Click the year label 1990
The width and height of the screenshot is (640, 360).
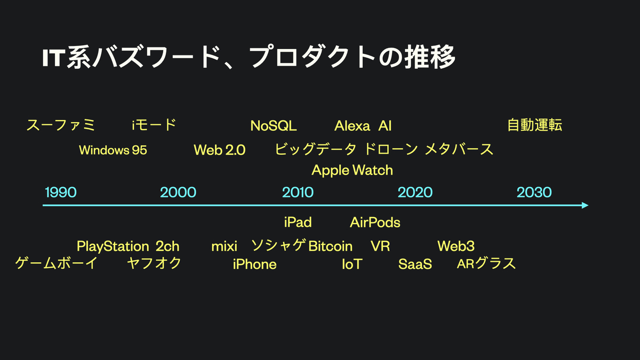click(x=61, y=193)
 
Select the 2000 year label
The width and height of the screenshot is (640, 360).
click(x=178, y=193)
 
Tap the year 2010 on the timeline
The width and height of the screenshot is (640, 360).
click(x=298, y=193)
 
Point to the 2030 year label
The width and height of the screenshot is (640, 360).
click(x=534, y=193)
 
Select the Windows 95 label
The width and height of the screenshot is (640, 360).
click(x=113, y=150)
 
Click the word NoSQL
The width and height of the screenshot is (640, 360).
click(x=274, y=126)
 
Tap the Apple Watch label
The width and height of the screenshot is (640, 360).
click(x=352, y=171)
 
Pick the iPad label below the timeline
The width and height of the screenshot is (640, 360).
click(x=298, y=222)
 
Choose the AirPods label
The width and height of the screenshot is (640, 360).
click(x=375, y=222)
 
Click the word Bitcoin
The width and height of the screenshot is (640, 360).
click(x=330, y=246)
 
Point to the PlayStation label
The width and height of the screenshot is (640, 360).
click(x=113, y=246)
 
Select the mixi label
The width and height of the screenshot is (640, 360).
click(x=225, y=246)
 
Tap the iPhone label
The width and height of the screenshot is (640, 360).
click(x=254, y=265)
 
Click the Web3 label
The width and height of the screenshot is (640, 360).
click(x=456, y=246)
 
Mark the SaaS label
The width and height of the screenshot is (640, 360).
click(x=415, y=265)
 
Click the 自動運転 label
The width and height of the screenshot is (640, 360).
click(x=534, y=125)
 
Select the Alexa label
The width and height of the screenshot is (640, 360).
click(x=352, y=126)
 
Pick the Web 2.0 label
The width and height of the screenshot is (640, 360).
click(x=219, y=150)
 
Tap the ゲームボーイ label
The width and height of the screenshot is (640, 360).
click(x=57, y=263)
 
